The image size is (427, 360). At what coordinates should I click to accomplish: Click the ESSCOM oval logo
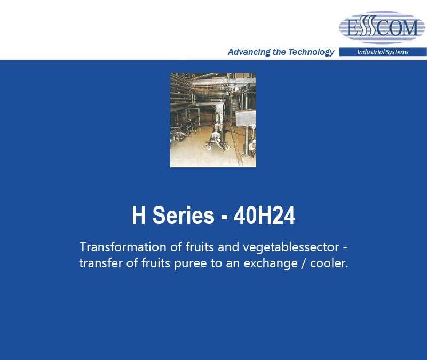(x=382, y=28)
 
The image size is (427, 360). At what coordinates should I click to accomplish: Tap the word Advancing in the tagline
(x=249, y=52)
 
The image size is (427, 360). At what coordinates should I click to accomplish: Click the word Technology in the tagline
(x=311, y=52)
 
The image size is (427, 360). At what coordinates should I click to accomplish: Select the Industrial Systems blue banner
(x=383, y=52)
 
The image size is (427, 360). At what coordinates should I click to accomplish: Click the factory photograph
(x=213, y=120)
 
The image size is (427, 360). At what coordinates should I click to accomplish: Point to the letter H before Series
(x=139, y=215)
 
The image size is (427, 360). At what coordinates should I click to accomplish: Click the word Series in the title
(x=183, y=215)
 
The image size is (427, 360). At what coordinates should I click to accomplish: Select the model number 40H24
(x=264, y=215)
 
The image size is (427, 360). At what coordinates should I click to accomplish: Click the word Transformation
(x=123, y=247)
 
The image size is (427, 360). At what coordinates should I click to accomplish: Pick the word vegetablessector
(x=291, y=247)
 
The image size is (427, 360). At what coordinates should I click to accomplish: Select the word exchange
(x=271, y=263)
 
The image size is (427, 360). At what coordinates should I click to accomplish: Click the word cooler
(x=329, y=263)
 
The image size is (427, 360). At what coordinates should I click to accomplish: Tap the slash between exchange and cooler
(x=304, y=263)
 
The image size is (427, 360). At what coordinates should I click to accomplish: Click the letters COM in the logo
(x=397, y=28)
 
